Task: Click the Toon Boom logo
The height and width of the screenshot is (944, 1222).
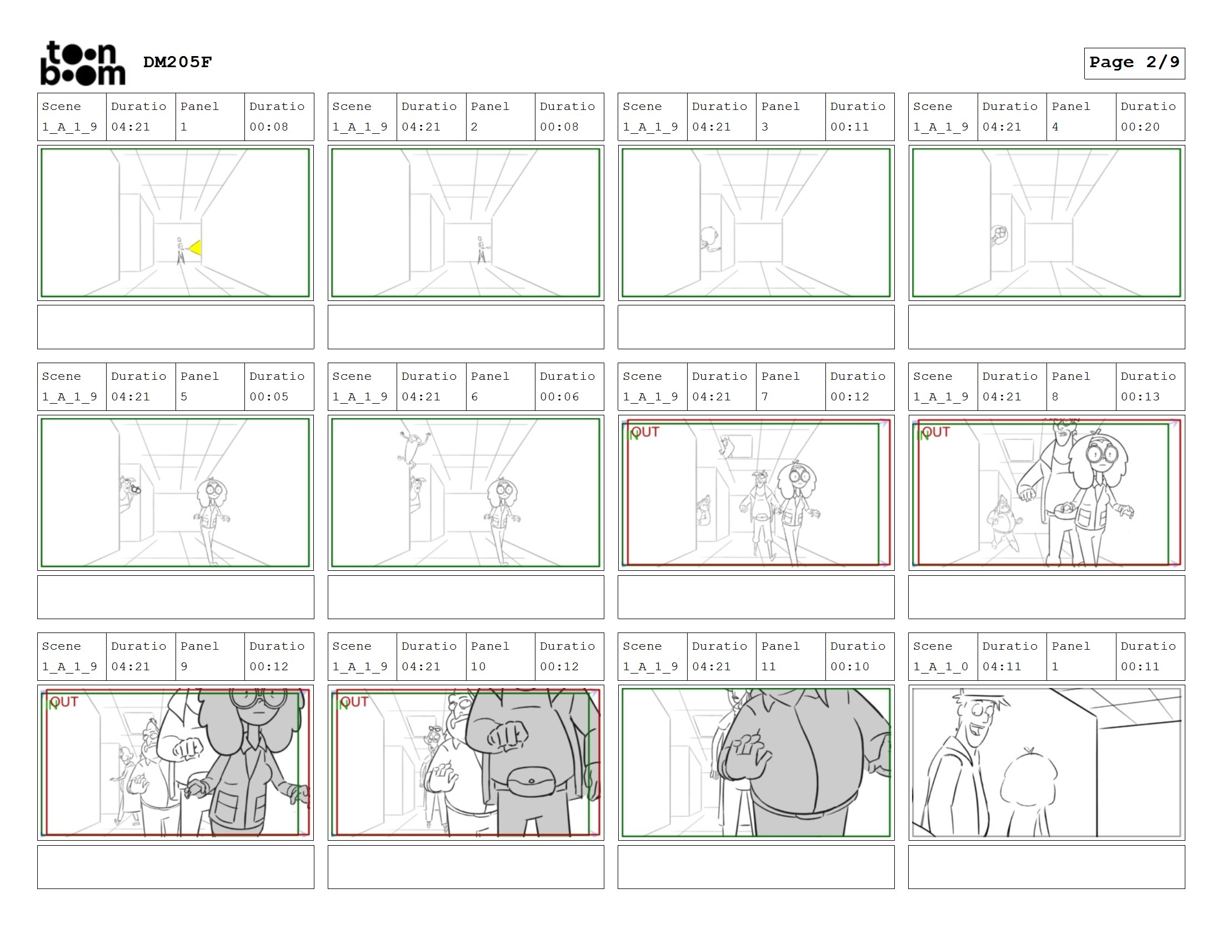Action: pos(83,63)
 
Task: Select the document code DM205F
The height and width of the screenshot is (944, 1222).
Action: pos(177,62)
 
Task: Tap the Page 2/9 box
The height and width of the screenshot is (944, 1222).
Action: pos(1134,63)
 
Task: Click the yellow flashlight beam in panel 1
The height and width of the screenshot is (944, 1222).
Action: pos(196,247)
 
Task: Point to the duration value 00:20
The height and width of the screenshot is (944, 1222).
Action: pos(1140,127)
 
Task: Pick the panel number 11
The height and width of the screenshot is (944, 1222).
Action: pos(768,666)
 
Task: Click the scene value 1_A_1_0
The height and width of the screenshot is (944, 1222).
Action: pos(940,666)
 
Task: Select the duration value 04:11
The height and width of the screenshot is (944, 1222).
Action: pos(1001,666)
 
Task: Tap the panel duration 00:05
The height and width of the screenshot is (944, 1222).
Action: pos(269,396)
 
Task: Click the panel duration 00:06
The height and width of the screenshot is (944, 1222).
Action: pos(559,396)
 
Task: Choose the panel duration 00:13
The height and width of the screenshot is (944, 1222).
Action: pos(1140,396)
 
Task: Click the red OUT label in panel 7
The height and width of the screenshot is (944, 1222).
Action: pos(645,431)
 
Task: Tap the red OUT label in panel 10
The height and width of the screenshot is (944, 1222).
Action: pos(355,701)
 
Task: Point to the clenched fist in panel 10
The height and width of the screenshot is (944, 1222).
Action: pos(508,734)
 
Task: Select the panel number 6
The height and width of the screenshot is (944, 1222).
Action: pos(474,396)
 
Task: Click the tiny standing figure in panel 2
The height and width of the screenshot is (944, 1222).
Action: pos(481,250)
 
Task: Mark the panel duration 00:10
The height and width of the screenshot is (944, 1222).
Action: pos(849,666)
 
